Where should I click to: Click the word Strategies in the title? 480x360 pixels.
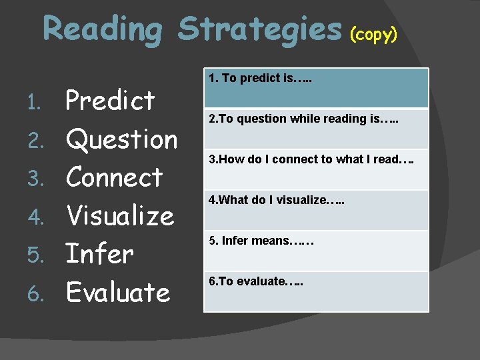click(260, 30)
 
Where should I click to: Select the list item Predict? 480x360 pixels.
click(111, 101)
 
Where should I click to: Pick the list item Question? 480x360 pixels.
click(122, 139)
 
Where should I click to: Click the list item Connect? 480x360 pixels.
click(115, 177)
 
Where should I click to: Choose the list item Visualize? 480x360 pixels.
click(120, 215)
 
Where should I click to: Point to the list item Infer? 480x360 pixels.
click(100, 253)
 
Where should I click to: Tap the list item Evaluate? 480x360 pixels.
click(118, 292)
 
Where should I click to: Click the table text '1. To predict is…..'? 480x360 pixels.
click(261, 79)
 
